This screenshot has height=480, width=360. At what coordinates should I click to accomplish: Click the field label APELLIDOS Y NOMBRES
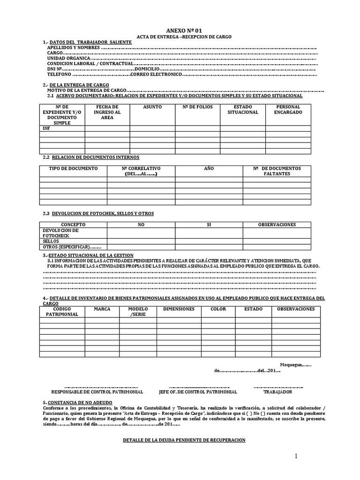(74, 48)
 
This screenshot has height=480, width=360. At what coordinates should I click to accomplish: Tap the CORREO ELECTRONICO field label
(156, 75)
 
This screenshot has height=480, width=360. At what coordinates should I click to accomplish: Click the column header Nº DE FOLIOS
(197, 107)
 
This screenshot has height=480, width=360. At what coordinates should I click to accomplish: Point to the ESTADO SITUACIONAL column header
(243, 110)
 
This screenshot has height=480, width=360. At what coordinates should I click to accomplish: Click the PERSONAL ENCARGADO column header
(288, 110)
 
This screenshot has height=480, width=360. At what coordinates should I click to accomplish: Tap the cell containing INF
(46, 128)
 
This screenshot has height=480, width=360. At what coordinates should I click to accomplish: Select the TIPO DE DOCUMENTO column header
(74, 168)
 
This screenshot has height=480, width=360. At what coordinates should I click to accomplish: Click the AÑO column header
(209, 168)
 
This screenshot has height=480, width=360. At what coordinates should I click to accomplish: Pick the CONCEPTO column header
(74, 225)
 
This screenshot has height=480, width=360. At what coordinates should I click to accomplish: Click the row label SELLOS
(51, 241)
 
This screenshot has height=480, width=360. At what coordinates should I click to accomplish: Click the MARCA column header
(102, 309)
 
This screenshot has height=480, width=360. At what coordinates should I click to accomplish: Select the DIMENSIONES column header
(179, 309)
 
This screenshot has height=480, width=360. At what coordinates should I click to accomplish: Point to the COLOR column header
(218, 309)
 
